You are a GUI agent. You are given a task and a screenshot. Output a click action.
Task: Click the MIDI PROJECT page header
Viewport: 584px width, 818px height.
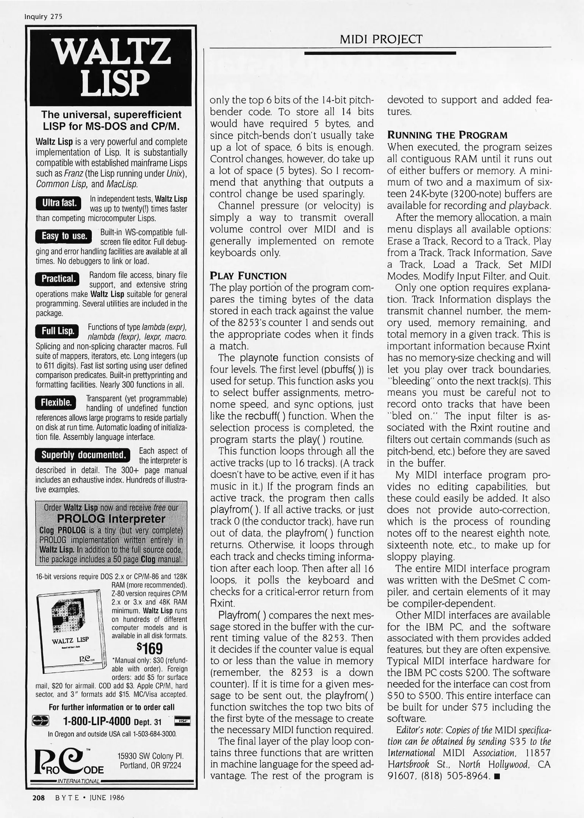(380, 39)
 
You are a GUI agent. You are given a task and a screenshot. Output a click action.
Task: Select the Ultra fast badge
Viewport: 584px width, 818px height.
(59, 203)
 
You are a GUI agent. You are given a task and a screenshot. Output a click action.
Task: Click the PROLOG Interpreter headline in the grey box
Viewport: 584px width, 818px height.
(111, 518)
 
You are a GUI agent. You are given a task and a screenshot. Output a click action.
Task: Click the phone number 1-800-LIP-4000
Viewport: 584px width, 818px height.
(96, 721)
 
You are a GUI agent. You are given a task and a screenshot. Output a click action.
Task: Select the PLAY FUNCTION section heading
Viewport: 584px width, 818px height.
(248, 276)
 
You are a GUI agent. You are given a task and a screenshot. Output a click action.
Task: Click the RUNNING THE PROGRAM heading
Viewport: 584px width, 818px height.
(447, 135)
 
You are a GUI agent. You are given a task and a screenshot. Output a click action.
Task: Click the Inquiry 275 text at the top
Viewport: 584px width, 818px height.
(43, 17)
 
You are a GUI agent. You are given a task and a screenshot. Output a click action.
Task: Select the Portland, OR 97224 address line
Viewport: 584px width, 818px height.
(150, 765)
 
